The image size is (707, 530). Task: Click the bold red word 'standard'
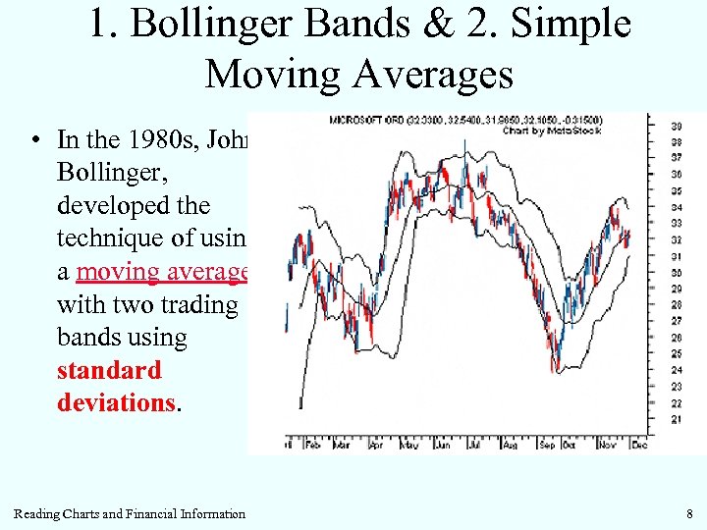pos(109,371)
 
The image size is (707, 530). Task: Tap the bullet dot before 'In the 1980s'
pos(34,140)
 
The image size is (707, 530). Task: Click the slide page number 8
pos(690,513)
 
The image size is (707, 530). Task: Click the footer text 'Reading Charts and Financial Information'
pos(130,513)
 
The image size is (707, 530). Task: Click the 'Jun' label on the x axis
pos(444,444)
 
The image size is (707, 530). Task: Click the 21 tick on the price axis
pos(677,419)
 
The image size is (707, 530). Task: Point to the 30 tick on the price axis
pos(677,273)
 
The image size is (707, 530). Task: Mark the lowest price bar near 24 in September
pos(556,364)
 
